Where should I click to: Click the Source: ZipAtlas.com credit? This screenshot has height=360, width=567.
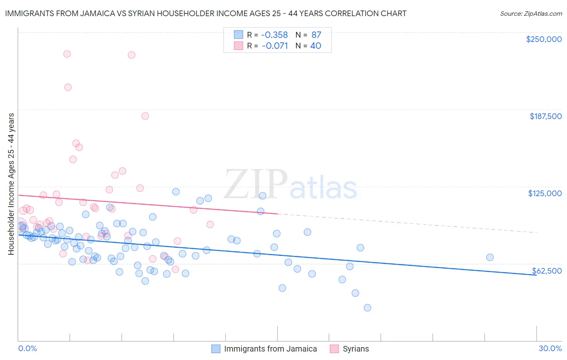click(531, 13)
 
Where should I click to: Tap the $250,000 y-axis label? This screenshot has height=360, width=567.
click(544, 39)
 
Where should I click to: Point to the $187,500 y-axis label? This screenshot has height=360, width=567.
click(545, 116)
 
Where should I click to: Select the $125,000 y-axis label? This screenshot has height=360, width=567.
click(545, 193)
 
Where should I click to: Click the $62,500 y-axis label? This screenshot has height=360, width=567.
click(546, 271)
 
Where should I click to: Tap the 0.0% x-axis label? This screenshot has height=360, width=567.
click(27, 349)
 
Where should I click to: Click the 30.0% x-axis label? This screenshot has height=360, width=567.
click(550, 349)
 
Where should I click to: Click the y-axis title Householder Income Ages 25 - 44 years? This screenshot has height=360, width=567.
click(11, 184)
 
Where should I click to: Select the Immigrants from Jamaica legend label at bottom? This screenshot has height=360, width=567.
click(270, 349)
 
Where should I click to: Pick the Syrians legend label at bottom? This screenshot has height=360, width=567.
click(356, 349)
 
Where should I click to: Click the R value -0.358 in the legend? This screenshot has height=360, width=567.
click(275, 35)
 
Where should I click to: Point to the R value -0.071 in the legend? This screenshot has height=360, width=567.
click(275, 46)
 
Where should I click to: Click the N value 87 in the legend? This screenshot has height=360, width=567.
click(316, 35)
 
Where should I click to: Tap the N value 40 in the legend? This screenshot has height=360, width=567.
click(315, 46)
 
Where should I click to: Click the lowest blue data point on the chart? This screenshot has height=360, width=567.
click(367, 308)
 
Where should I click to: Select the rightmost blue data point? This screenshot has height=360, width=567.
click(490, 257)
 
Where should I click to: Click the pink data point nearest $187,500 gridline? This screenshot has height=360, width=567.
click(145, 116)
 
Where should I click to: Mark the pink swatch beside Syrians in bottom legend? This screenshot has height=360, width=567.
click(334, 349)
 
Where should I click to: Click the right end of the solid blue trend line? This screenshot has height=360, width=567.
click(536, 275)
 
